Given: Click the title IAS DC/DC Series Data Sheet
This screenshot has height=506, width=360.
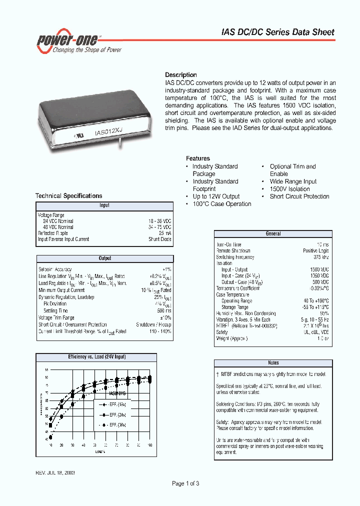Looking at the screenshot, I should click(x=277, y=32).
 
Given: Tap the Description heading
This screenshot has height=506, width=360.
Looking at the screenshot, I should click(x=181, y=75).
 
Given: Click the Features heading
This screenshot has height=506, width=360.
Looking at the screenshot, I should click(x=198, y=158).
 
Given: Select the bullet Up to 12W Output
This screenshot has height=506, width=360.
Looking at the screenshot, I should click(x=216, y=196).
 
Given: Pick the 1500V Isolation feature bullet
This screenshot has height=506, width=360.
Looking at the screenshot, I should click(x=289, y=189).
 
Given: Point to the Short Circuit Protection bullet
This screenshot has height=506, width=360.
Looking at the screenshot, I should click(x=299, y=196).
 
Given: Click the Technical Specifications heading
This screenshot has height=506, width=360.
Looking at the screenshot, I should click(x=68, y=196).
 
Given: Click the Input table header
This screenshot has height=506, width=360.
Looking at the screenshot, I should click(x=104, y=205).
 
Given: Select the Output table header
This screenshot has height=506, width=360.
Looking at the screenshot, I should click(x=104, y=258).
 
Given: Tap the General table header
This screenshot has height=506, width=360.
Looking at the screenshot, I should click(x=273, y=233).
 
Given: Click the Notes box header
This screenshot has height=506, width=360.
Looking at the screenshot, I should click(x=273, y=363).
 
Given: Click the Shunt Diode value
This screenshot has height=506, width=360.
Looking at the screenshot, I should click(x=160, y=239).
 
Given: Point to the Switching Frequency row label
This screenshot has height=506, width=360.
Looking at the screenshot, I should click(x=235, y=257).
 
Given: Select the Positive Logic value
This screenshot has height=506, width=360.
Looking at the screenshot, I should click(x=316, y=250).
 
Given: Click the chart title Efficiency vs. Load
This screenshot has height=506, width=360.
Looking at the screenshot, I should click(x=97, y=357).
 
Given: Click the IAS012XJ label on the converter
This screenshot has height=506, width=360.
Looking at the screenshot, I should click(x=108, y=132).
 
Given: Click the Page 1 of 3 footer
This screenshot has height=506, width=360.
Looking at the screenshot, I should click(x=185, y=483).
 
